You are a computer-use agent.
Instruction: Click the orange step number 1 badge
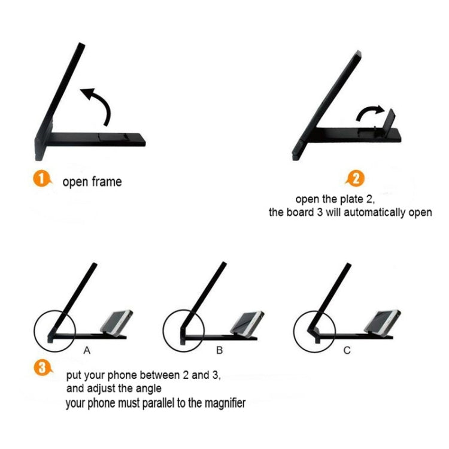point(42,178)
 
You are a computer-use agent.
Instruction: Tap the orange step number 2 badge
point(355,178)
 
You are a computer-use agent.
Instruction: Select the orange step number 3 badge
point(43,368)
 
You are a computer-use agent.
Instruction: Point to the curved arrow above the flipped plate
point(368,111)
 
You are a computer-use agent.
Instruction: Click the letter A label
point(87,350)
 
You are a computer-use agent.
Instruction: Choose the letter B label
point(219,350)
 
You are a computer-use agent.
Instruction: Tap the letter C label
point(347,350)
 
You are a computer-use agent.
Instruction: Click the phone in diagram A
point(117,321)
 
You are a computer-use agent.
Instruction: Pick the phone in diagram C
point(383,321)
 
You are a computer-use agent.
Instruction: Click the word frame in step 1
point(107,182)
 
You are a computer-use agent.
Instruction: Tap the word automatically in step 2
point(375,213)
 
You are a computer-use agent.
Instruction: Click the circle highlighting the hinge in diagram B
point(163,330)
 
